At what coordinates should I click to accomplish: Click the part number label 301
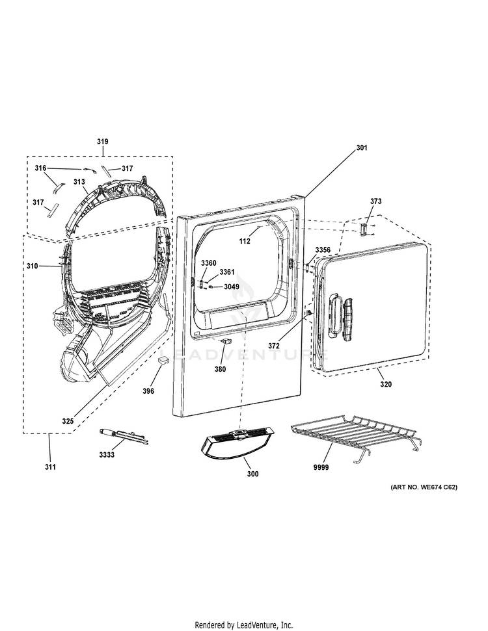362,148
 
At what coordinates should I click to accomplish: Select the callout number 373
377,201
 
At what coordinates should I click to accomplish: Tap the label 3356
323,250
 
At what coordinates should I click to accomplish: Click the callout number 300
252,474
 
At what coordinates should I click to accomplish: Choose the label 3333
107,455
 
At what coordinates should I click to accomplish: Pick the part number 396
148,392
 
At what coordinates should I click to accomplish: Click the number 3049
232,287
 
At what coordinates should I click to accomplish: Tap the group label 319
103,142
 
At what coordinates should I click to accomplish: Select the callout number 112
245,241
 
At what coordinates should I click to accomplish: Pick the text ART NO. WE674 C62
424,487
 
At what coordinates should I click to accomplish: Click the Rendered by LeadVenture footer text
243,625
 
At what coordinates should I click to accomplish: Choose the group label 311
50,467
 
